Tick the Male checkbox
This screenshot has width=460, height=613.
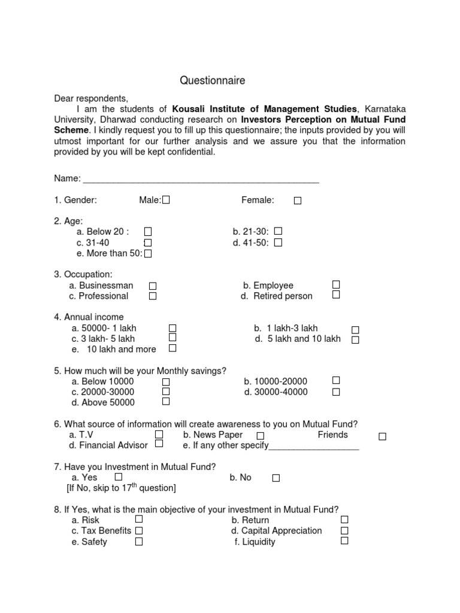(x=166, y=201)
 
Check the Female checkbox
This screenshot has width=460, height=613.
(x=298, y=201)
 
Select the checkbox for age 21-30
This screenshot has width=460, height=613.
(x=278, y=231)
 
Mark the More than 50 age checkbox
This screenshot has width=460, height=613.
(x=148, y=254)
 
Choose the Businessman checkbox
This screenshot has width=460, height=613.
(x=153, y=286)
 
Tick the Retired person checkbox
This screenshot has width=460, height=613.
(x=336, y=295)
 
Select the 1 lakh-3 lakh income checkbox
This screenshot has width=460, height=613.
(x=355, y=330)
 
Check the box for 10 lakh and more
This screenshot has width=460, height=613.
(x=172, y=348)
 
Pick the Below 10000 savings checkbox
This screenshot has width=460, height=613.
(x=166, y=382)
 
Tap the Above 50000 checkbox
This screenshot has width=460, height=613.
(x=166, y=401)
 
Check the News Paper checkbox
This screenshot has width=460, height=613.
(x=261, y=436)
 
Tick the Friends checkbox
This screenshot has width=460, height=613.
(x=382, y=436)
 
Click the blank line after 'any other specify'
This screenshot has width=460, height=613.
(x=314, y=448)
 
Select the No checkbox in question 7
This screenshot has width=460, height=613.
(x=276, y=478)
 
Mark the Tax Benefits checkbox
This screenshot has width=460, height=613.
(x=139, y=530)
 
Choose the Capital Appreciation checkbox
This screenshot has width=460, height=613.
(x=344, y=530)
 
